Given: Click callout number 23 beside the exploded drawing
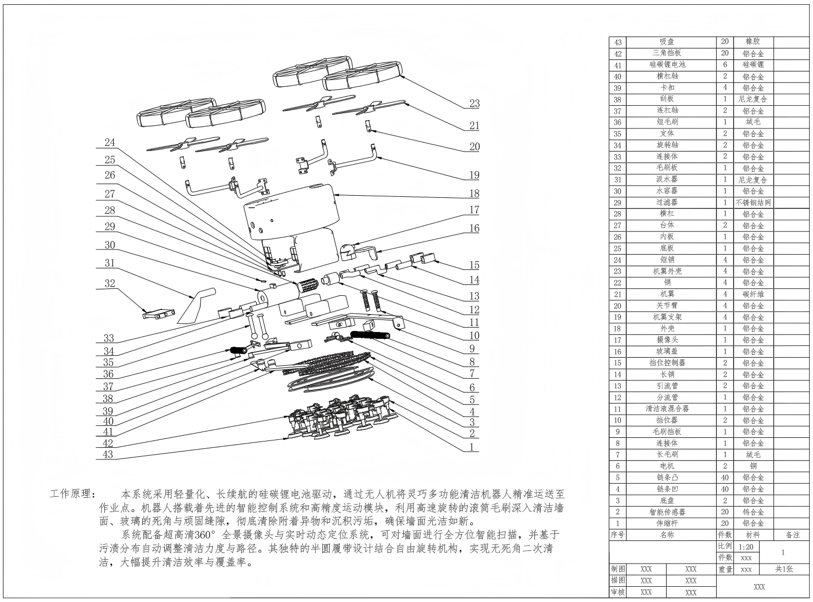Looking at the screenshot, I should [x=474, y=103].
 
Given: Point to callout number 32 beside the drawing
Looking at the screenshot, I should [x=109, y=283].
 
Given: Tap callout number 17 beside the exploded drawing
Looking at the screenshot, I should [x=474, y=209].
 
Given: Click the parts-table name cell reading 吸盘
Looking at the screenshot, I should [x=667, y=42].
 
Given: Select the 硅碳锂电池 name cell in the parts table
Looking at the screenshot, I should [x=667, y=65].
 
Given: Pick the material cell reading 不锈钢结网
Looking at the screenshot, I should [x=753, y=203].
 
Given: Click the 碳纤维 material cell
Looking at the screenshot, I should [x=753, y=294].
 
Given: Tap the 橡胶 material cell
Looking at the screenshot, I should [x=753, y=42].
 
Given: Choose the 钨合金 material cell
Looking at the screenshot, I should [x=753, y=512].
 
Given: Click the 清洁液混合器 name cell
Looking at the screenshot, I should [x=667, y=409].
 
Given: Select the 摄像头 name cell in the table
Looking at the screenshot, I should [x=667, y=340].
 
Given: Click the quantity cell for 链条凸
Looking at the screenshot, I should [x=725, y=478].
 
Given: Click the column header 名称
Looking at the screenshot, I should [x=667, y=535].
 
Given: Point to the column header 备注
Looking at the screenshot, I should [x=792, y=535].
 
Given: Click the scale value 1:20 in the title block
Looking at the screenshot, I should [x=746, y=547].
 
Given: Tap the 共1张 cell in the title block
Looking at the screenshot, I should [x=784, y=569].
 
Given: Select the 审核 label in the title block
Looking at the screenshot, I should [x=617, y=593].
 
